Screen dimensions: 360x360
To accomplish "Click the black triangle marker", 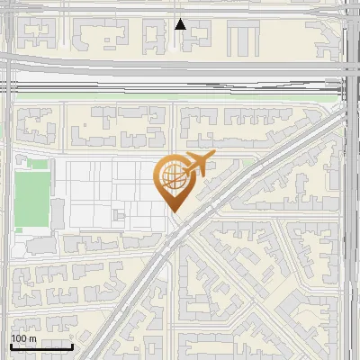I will coord(180,24).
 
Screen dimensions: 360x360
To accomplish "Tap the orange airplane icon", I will coord(196,166).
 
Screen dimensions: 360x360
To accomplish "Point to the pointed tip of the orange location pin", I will coord(173,211).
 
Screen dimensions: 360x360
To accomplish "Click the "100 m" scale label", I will coord(23,338).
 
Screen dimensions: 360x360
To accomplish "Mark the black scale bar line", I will coord(41,346).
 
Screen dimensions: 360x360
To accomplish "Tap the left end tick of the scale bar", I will coord(11,345).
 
